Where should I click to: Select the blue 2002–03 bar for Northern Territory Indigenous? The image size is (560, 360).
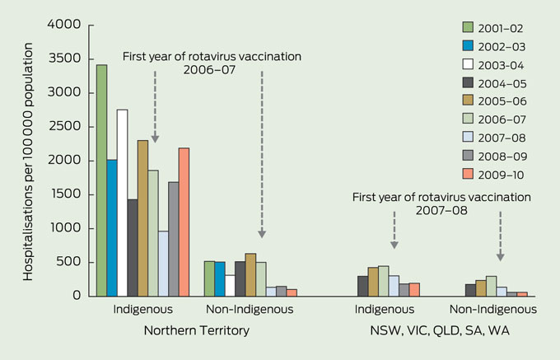pos(112,227)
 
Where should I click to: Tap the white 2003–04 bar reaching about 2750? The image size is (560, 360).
pos(123,202)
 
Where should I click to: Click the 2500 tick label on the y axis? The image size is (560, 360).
pos(66,127)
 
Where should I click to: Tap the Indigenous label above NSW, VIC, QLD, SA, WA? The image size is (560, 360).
pos(385,311)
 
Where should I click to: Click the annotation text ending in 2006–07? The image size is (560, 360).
pos(212,63)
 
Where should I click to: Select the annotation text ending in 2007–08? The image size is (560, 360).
pos(441,204)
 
